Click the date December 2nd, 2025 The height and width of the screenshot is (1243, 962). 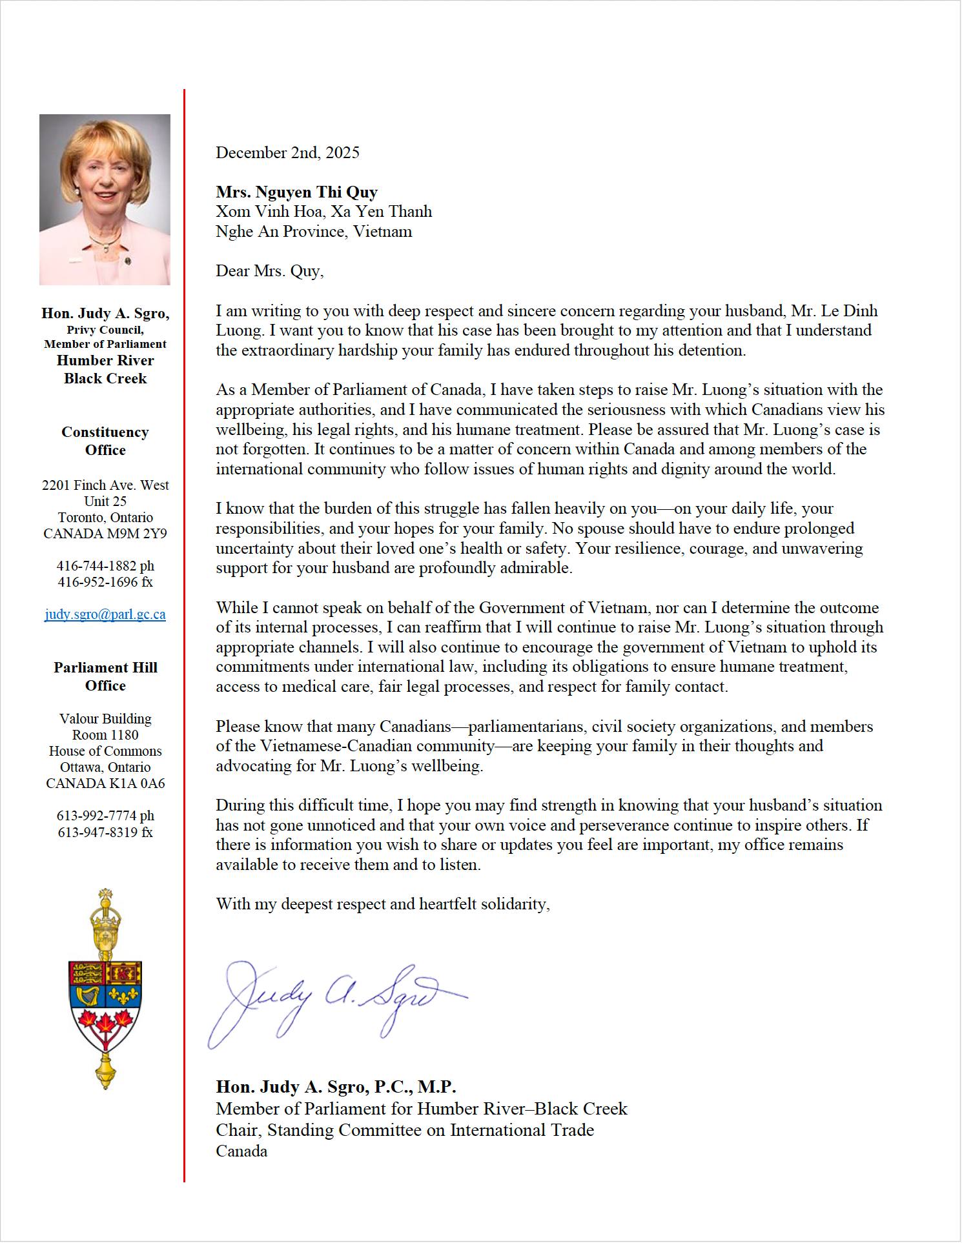click(287, 153)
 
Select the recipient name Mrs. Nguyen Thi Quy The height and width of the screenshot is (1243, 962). click(296, 192)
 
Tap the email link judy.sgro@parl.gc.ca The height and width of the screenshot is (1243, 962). click(105, 614)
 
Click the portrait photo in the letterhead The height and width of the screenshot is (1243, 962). click(105, 200)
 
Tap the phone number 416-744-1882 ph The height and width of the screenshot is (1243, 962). click(105, 566)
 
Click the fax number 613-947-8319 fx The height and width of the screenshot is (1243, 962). click(105, 832)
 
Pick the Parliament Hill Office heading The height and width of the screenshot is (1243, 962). click(105, 676)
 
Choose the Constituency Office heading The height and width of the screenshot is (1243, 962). click(105, 441)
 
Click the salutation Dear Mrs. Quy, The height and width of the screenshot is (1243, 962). click(269, 271)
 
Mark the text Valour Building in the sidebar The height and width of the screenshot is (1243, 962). click(105, 719)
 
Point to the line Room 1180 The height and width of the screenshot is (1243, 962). click(105, 735)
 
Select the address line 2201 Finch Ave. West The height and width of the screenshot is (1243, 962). click(105, 485)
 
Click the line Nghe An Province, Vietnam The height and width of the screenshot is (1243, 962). click(314, 232)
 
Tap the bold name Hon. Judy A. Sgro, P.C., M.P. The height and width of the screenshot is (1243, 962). click(336, 1087)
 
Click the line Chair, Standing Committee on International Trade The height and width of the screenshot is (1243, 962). click(405, 1130)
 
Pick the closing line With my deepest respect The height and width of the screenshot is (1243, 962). click(382, 904)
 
